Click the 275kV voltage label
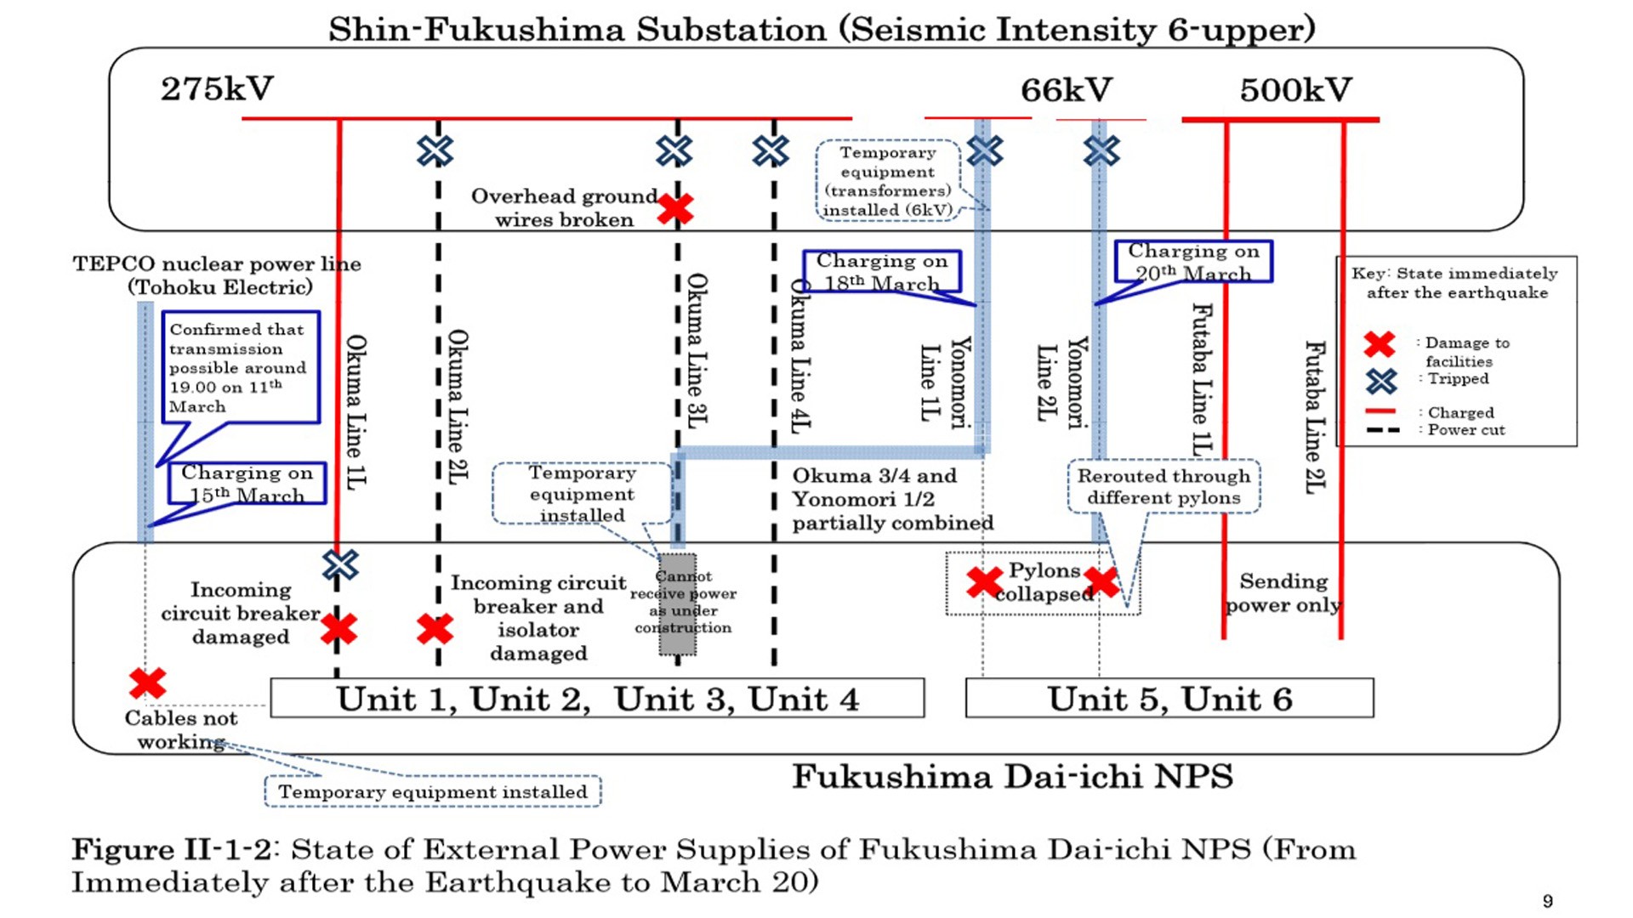[x=218, y=89]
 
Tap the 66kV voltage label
[x=1066, y=90]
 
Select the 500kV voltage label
[x=1294, y=90]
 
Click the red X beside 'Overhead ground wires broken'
[x=675, y=208]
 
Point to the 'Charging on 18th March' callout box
[x=881, y=271]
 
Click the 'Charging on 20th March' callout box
[x=1193, y=262]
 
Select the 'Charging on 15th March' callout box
[x=247, y=484]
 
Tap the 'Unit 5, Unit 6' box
[x=1169, y=699]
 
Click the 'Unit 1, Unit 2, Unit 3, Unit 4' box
[x=597, y=699]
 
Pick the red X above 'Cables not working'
[x=148, y=683]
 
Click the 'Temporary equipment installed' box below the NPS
[x=433, y=791]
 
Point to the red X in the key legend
[x=1380, y=344]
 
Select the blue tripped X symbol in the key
[x=1381, y=380]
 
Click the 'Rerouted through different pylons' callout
[x=1164, y=487]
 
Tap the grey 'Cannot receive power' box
[x=678, y=603]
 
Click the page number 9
[x=1547, y=901]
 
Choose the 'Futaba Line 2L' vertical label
[x=1315, y=416]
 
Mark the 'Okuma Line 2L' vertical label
[x=458, y=408]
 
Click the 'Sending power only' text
[x=1283, y=592]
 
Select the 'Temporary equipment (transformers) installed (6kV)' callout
[x=887, y=181]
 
